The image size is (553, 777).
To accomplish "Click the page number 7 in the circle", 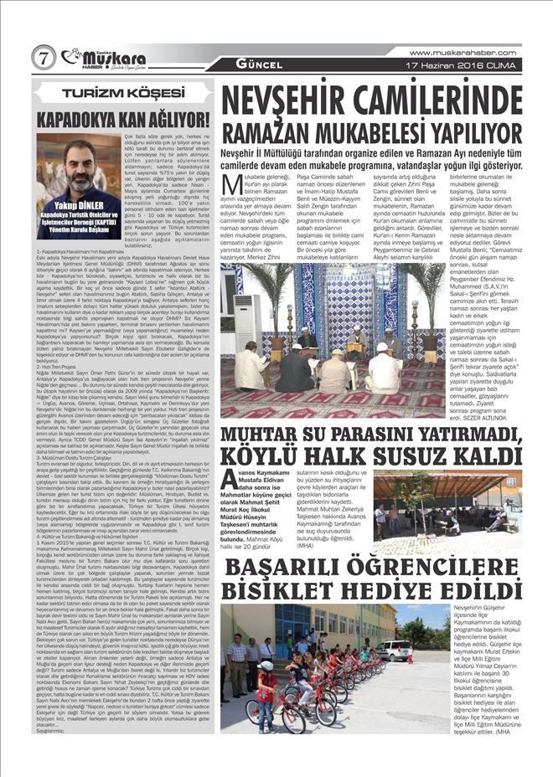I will click(42, 58).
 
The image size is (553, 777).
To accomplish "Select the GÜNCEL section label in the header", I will click(259, 64).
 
